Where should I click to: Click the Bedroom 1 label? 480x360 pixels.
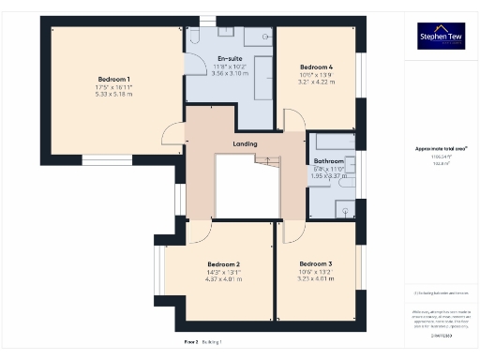point(113,79)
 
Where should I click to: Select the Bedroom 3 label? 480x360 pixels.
point(316,264)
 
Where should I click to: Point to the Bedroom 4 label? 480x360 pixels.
point(315,67)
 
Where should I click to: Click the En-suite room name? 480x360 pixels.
point(230,58)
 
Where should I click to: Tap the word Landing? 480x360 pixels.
point(246,143)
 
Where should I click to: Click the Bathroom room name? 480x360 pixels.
point(328,161)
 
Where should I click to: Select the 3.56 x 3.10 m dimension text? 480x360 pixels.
point(230,73)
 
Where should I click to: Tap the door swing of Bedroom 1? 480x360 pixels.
point(172,136)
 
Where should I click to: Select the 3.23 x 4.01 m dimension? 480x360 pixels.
point(316,279)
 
